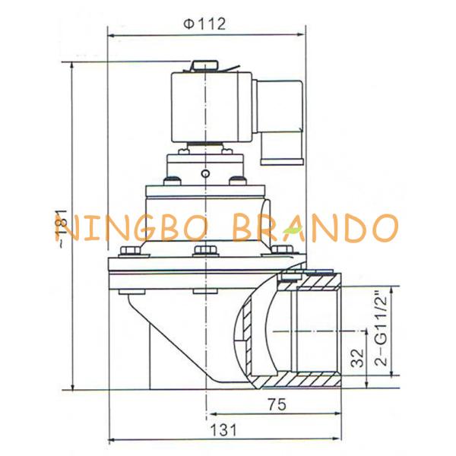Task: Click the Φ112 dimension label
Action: (204, 24)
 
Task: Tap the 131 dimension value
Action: (223, 430)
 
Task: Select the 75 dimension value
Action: (277, 404)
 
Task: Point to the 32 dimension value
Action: (357, 357)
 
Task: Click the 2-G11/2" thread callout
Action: (382, 328)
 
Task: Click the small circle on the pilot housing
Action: (205, 174)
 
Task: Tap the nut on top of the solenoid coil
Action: (204, 65)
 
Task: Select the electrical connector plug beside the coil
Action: (279, 122)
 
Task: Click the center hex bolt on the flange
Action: (205, 250)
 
